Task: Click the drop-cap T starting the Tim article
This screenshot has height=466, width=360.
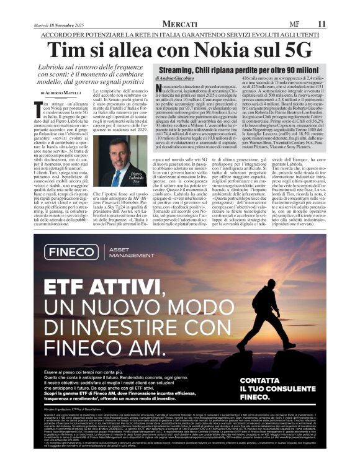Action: (x=41, y=109)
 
